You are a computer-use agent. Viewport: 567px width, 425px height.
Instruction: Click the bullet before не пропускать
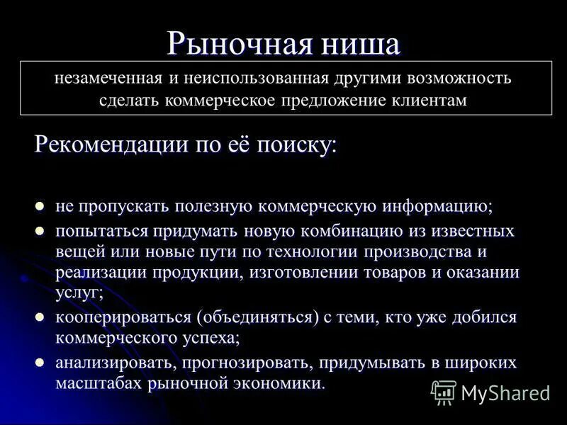40,206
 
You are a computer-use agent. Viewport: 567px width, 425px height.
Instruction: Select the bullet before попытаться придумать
40,231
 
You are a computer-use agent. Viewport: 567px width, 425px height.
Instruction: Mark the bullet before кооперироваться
40,317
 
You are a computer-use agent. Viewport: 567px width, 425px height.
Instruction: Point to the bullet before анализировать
40,363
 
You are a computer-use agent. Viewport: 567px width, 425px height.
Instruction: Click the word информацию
437,207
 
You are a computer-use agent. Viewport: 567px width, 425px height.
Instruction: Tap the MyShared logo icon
444,392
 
